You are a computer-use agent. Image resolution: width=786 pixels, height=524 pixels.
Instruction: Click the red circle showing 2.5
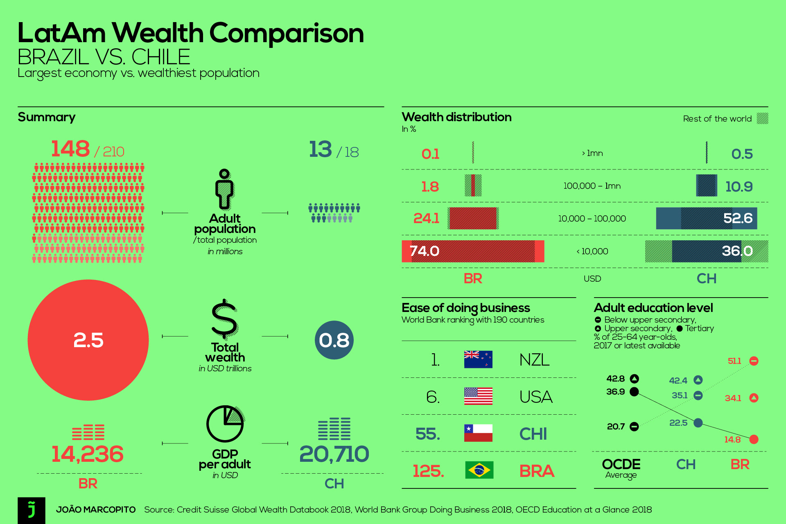(x=88, y=340)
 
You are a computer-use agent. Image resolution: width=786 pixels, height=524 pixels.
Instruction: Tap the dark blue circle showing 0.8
(x=334, y=340)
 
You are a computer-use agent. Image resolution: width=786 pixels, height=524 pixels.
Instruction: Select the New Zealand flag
(x=478, y=359)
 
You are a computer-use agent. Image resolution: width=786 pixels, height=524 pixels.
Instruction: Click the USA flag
(x=478, y=396)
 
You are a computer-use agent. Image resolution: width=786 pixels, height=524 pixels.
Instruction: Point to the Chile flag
(x=478, y=433)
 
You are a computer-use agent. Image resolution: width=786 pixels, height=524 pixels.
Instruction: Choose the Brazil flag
(x=479, y=470)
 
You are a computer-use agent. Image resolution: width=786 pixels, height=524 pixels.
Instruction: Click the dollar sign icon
(x=224, y=318)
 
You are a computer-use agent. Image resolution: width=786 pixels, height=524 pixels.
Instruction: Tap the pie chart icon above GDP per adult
(x=225, y=424)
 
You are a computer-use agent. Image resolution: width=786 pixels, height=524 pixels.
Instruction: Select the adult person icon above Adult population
(x=224, y=189)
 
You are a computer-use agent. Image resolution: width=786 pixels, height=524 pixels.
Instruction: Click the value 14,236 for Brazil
(x=87, y=454)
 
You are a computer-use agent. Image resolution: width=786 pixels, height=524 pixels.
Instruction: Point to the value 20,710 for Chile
(x=334, y=454)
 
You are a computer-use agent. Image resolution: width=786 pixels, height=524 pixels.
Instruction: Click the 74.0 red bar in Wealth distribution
(x=473, y=251)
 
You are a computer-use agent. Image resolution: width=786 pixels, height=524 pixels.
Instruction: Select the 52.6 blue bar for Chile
(x=707, y=218)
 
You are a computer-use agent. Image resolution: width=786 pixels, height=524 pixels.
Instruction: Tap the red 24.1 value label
(x=426, y=218)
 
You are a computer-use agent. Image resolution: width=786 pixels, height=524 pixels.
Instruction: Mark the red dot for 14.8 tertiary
(x=754, y=439)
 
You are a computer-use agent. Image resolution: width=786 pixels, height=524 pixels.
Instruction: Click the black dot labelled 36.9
(x=634, y=392)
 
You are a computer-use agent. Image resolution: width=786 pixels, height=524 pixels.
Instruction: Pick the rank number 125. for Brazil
(x=428, y=471)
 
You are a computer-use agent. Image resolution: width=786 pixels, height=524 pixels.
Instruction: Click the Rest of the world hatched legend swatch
(x=762, y=118)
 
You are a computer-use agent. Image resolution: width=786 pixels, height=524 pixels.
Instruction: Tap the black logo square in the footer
(x=32, y=510)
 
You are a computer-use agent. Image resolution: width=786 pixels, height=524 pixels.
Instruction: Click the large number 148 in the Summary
(x=70, y=149)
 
